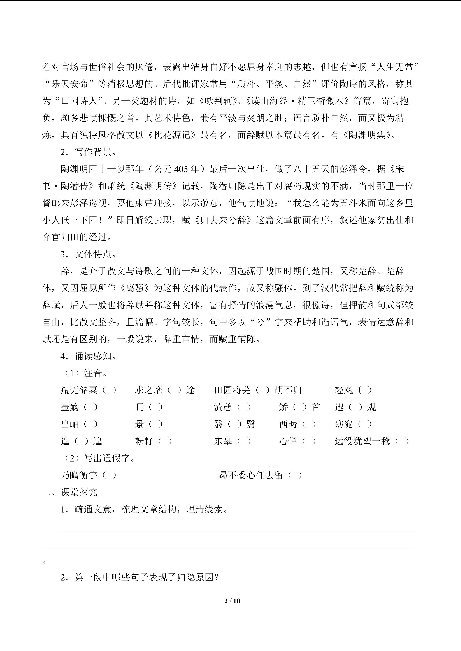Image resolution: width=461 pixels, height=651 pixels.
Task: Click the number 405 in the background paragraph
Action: coord(181,169)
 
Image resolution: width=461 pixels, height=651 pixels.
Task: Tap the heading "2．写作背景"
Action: coord(88,152)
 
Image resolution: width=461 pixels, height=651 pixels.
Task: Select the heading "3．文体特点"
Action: coord(88,254)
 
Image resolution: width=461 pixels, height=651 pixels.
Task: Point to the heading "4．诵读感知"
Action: coord(88,356)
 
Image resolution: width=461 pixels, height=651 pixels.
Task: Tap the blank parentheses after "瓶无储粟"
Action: coord(109,390)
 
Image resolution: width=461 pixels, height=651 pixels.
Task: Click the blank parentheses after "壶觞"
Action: coord(91,407)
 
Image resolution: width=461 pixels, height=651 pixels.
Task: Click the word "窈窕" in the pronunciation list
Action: coord(344,424)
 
